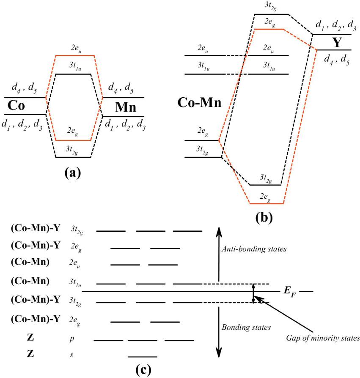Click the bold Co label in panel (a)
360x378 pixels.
tap(15, 106)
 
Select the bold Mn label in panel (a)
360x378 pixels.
tap(126, 107)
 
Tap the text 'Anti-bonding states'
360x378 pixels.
tap(254, 249)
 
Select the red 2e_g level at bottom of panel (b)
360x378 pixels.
tap(266, 204)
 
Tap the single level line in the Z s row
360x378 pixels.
tap(142, 357)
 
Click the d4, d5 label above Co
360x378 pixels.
tap(20, 90)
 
